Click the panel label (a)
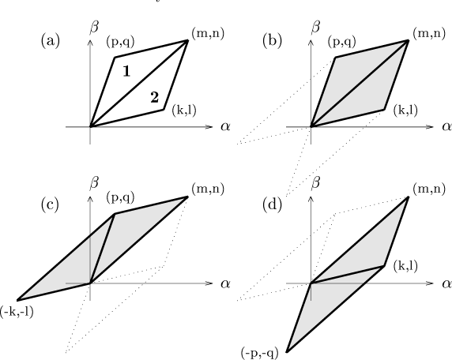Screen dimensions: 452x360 click(x=51, y=41)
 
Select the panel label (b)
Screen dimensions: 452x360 click(x=272, y=41)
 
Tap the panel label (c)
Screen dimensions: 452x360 click(x=50, y=205)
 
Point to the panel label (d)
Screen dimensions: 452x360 click(x=272, y=205)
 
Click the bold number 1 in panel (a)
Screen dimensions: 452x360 click(x=126, y=71)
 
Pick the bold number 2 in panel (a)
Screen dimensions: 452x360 click(x=155, y=97)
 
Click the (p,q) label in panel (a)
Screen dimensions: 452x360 click(x=120, y=42)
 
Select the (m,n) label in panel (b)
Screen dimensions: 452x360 click(x=429, y=34)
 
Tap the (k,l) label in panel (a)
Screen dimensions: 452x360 click(x=184, y=110)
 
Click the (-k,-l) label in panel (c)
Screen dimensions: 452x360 click(x=17, y=312)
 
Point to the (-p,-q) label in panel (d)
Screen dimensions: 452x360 click(x=260, y=353)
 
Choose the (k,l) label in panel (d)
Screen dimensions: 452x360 click(x=405, y=266)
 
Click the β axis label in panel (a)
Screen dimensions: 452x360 click(x=94, y=28)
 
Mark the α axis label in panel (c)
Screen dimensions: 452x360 click(x=226, y=283)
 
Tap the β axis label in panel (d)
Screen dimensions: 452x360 click(x=315, y=183)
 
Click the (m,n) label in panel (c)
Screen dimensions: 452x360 click(x=208, y=189)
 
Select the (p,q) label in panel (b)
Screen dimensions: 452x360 click(x=342, y=42)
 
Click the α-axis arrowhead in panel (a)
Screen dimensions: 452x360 click(x=210, y=127)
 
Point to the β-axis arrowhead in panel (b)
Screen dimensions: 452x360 click(x=311, y=43)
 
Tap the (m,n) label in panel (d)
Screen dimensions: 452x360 click(x=429, y=189)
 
